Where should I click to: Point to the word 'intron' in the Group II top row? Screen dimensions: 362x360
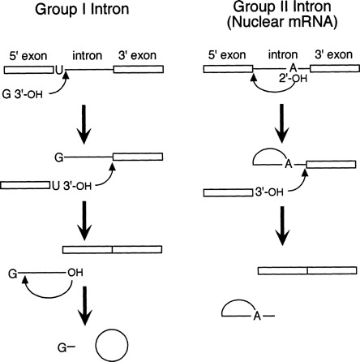tap(280, 54)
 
